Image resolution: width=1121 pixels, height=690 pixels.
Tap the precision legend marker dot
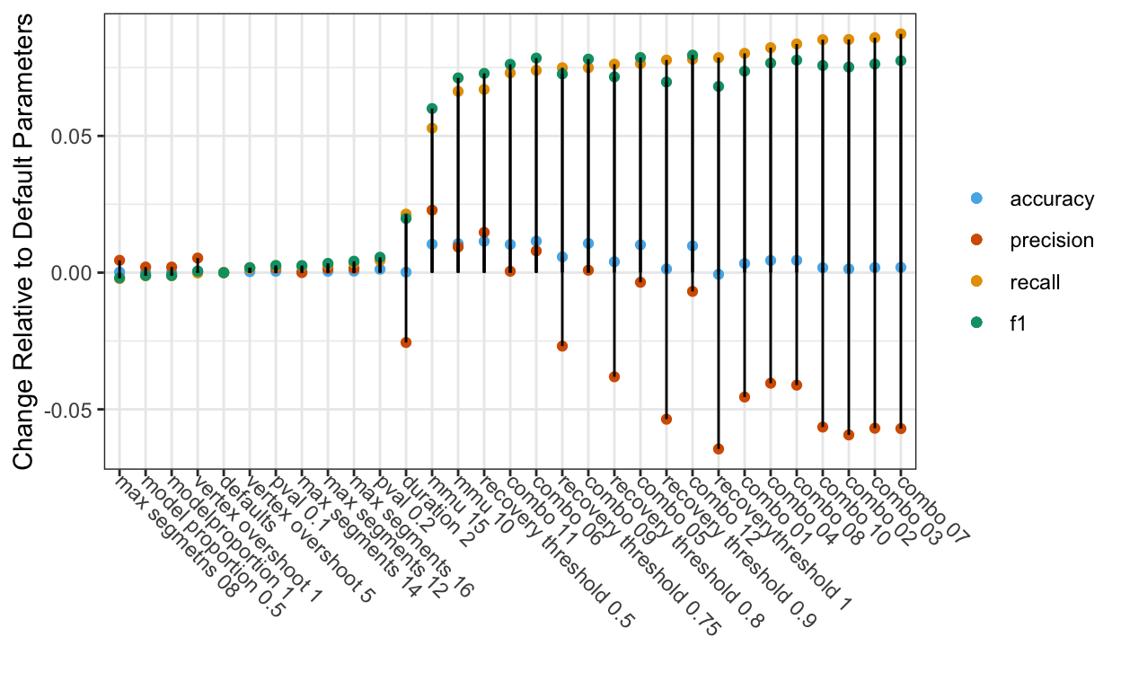pos(977,241)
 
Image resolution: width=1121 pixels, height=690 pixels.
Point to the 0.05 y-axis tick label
pos(73,137)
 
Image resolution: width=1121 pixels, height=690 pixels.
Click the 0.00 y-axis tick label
pos(73,273)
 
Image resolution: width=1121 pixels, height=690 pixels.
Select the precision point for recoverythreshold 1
pos(719,449)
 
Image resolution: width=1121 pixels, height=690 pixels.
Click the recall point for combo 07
pos(901,34)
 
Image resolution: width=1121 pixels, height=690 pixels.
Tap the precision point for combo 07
pos(901,429)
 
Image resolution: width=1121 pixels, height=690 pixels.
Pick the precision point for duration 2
pos(406,342)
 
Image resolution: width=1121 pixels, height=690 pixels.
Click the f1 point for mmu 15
pos(432,109)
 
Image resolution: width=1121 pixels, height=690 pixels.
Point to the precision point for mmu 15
pos(432,210)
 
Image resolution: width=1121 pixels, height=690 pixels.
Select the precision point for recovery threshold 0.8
pos(614,376)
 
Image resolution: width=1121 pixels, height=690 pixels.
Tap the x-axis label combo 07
pos(934,507)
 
